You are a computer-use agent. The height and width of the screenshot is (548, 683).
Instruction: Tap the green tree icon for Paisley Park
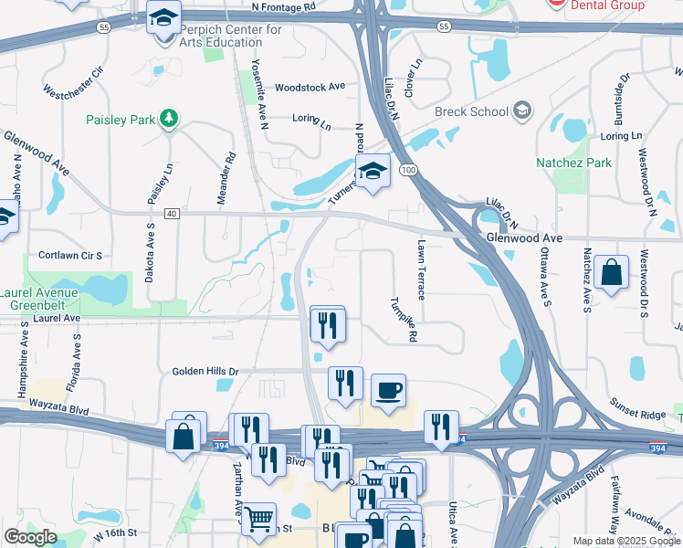pos(168,119)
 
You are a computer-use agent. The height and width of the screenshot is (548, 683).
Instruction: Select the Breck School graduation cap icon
pos(522,111)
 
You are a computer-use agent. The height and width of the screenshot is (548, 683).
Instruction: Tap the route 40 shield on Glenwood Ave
pos(171,213)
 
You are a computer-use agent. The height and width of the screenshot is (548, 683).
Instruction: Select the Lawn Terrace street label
pos(421,270)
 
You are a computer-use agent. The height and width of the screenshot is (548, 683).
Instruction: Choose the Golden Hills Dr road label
pos(205,372)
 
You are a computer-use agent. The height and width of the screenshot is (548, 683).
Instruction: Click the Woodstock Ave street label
pos(310,86)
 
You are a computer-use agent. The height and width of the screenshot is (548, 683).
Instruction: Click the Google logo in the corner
pos(30,537)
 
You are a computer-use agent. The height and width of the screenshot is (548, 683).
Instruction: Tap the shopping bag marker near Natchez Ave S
pos(611,272)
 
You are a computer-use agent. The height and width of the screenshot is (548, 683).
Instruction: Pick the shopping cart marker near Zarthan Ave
pos(259,519)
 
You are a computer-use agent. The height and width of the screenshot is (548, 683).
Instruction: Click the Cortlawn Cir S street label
pos(70,256)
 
